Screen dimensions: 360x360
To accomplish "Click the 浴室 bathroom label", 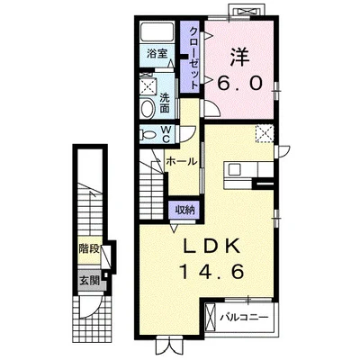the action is pos(157,54).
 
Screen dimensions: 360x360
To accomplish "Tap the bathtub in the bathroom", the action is pos(157,32).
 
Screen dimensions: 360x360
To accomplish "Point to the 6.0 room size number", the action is pos(240,83).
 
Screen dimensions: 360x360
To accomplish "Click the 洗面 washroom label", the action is pos(165,103).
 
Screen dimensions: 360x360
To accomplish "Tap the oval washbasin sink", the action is pos(147,109).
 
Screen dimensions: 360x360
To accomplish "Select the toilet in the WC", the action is pos(148,134).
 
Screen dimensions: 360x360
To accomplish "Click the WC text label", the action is pos(166,134).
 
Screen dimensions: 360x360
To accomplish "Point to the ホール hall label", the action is pos(182,161).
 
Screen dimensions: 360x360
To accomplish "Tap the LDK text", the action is pos(211,247).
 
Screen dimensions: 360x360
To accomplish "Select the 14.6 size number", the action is pos(211,272).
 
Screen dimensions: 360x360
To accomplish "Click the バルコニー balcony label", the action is pos(244,317).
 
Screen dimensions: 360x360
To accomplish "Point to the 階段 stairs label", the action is pos(89,249).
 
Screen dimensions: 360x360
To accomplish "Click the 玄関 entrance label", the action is pos(89,281).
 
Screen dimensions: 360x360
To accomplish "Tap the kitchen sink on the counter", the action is pos(235,170).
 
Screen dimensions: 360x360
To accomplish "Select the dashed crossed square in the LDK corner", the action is pos(265,134).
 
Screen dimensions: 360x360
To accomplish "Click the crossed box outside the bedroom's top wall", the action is pos(247,12).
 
